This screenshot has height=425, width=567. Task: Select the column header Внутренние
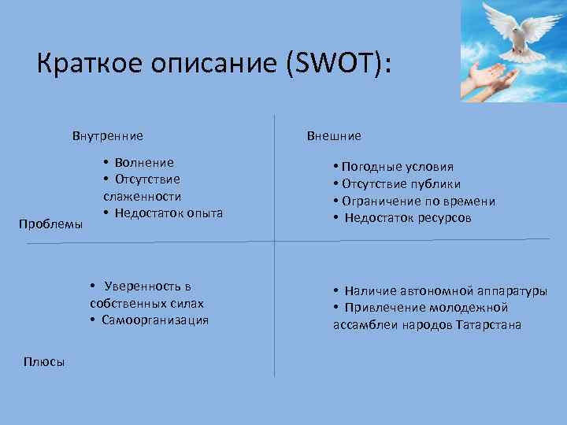click(x=108, y=136)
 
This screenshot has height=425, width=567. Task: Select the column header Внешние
click(x=334, y=136)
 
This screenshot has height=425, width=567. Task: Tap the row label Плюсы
click(x=45, y=361)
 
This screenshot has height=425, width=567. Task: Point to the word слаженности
click(x=142, y=196)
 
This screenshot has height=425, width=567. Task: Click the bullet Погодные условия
click(x=398, y=167)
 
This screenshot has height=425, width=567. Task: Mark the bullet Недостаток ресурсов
click(x=407, y=218)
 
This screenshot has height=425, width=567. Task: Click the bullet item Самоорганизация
click(x=154, y=320)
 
